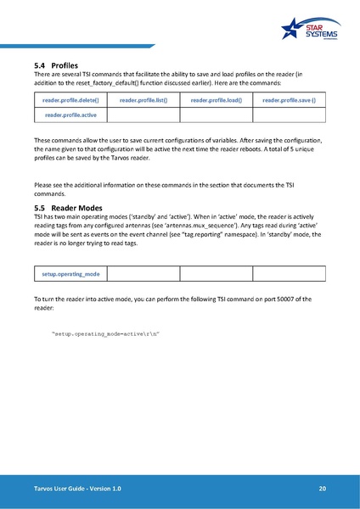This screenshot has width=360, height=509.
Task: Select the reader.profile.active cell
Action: coord(71,115)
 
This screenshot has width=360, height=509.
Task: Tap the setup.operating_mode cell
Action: coord(71,274)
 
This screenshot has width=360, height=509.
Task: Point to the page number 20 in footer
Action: coord(322,489)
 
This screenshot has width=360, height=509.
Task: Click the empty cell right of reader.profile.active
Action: coord(143,115)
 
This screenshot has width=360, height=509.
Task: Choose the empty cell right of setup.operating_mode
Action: coord(143,274)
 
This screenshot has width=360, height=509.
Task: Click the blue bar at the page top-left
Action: coord(76,45)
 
